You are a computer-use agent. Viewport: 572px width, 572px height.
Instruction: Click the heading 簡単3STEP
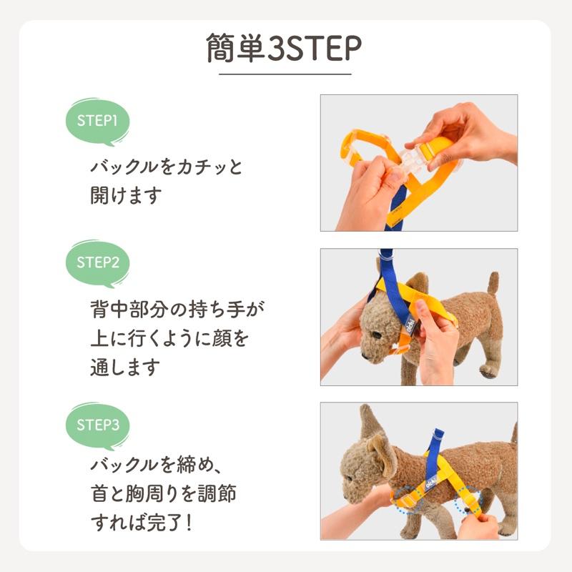[285, 49]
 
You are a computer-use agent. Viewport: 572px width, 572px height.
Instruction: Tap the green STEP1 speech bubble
[97, 120]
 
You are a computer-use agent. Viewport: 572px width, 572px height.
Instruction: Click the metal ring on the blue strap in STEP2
[385, 255]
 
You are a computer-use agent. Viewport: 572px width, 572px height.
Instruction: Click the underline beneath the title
[285, 74]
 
